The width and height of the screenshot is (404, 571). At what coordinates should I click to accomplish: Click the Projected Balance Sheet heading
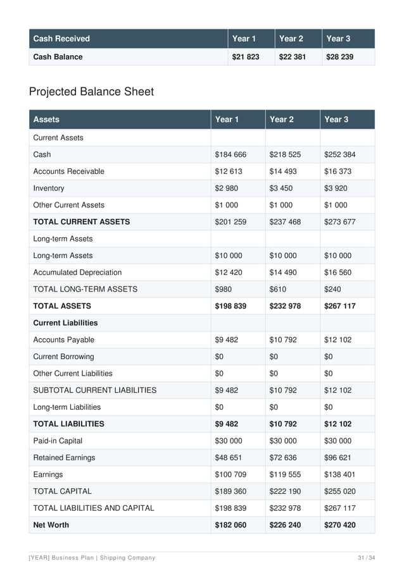[x=91, y=92]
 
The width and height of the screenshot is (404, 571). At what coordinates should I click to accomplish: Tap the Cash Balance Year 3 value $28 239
[x=339, y=57]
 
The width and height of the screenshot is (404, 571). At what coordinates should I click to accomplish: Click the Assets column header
[x=46, y=119]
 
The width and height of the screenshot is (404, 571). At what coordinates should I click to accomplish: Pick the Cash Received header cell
[x=61, y=39]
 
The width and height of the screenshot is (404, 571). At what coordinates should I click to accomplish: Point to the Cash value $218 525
[x=285, y=154]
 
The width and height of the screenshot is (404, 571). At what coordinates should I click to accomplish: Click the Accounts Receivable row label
[x=68, y=171]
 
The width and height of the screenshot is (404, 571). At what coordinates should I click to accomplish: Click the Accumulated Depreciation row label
[x=77, y=273]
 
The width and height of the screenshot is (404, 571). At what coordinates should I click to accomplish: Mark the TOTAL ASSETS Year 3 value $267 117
[x=339, y=306]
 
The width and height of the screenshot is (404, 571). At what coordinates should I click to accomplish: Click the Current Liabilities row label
[x=65, y=322]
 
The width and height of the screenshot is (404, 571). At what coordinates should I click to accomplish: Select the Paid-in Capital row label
[x=58, y=441]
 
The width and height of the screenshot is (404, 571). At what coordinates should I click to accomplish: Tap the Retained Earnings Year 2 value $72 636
[x=283, y=458]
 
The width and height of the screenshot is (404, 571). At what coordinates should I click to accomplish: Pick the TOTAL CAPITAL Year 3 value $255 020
[x=339, y=491]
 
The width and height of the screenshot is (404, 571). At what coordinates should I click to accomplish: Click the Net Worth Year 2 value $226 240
[x=285, y=525]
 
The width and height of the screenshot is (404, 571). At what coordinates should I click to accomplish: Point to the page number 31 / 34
[x=367, y=557]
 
